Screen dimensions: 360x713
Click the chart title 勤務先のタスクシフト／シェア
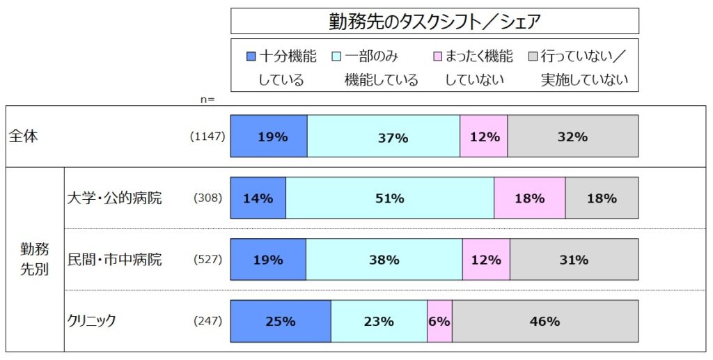434,22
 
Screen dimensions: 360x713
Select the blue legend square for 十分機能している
251,56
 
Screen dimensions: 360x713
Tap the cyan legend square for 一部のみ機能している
337,56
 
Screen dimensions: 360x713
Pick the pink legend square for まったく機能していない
437,56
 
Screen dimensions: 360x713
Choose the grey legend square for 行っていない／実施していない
533,56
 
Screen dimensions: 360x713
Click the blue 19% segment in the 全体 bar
269,136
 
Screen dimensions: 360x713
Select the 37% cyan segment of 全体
384,136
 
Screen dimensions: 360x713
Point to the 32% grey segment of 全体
572,136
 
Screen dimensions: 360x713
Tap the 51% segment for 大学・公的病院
390,198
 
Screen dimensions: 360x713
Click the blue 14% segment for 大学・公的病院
258,198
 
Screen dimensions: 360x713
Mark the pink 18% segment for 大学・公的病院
529,198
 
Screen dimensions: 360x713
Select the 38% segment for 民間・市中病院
384,260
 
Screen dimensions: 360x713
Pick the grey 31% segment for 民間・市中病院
574,260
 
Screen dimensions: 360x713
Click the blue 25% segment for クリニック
281,322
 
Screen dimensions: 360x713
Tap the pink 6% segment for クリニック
439,322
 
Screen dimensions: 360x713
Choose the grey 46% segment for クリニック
544,322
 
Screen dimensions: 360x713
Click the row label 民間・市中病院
114,260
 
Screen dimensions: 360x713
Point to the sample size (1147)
207,136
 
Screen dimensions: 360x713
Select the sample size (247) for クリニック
207,322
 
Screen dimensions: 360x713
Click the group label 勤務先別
34,260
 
